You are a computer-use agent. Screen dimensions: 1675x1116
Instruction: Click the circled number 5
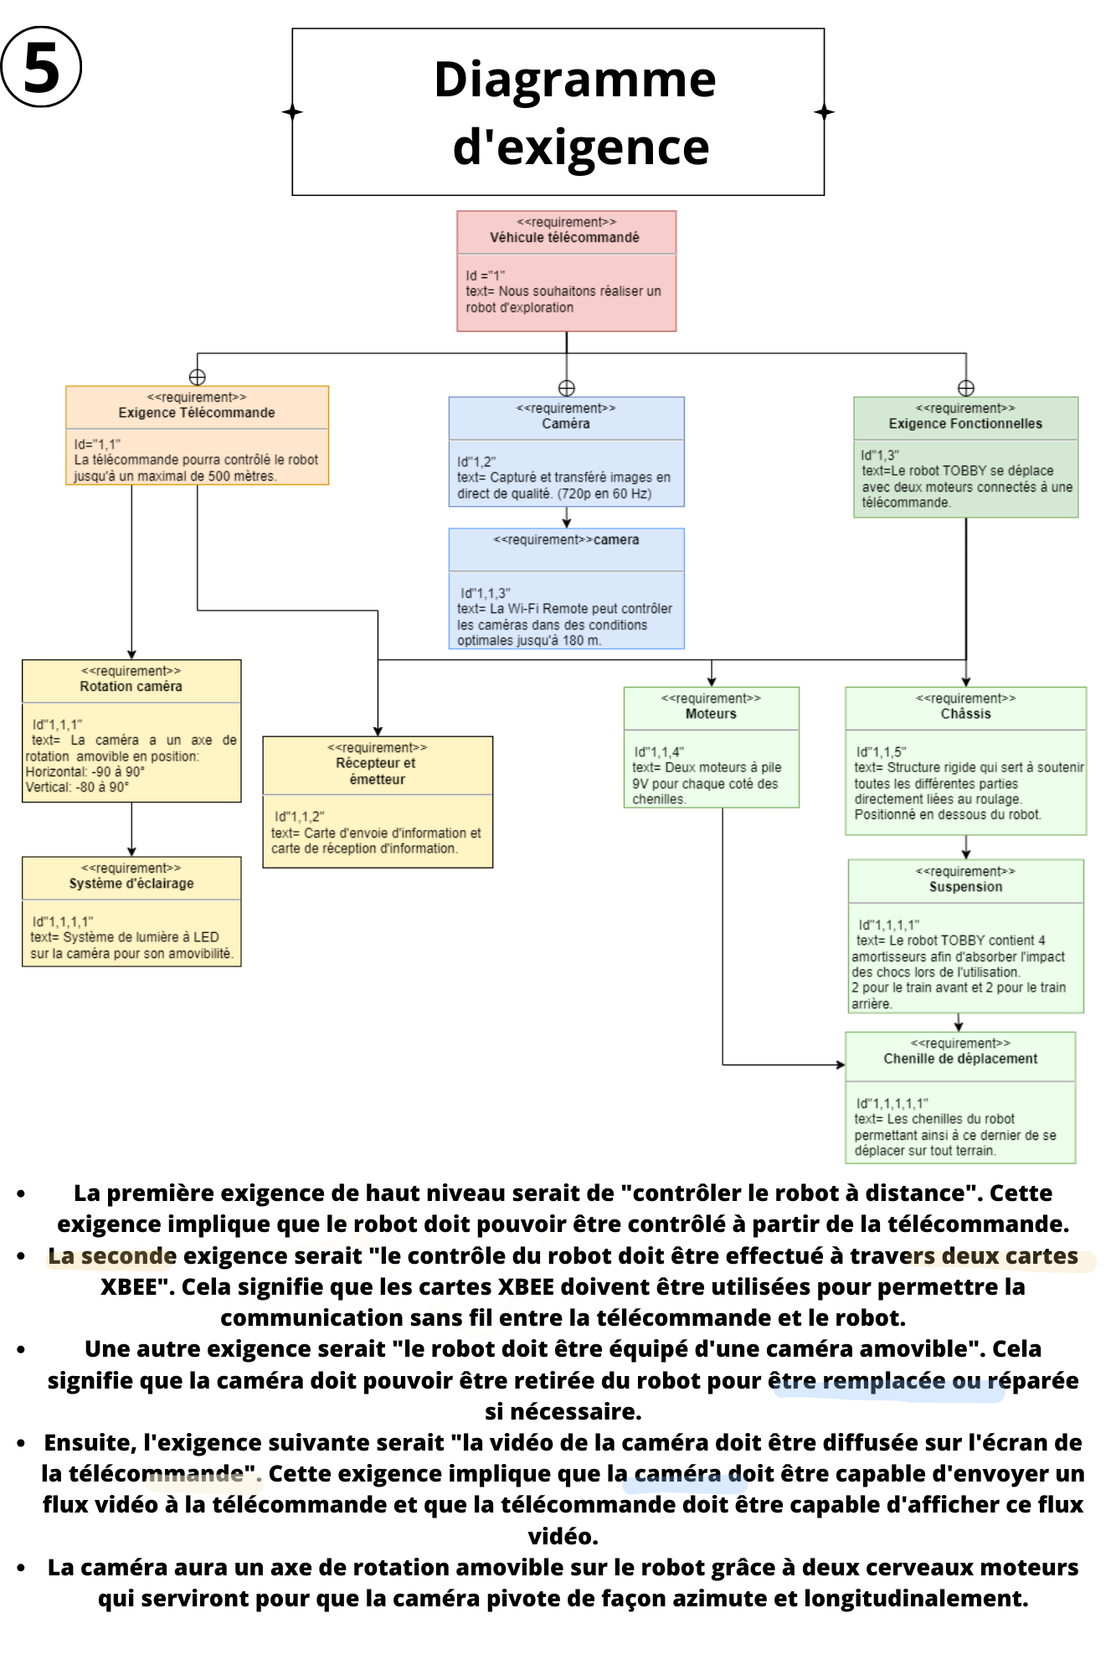(41, 67)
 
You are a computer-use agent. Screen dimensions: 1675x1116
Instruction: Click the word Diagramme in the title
(574, 80)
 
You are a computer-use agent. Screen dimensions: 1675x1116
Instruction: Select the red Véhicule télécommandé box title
(564, 238)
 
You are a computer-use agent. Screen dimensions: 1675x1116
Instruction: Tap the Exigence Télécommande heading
(197, 413)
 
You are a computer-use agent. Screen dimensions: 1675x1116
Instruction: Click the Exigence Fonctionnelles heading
(965, 424)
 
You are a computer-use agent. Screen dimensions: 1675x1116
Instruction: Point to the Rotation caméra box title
(131, 687)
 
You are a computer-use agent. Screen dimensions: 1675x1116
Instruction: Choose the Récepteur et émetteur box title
(377, 771)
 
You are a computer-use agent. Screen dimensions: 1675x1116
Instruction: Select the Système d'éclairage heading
(131, 884)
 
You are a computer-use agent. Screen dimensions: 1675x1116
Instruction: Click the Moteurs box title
(711, 714)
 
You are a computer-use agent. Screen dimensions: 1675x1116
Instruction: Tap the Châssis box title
(965, 714)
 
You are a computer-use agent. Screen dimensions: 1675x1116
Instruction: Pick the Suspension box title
(965, 887)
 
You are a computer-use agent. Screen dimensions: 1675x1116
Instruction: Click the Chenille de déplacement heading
(960, 1059)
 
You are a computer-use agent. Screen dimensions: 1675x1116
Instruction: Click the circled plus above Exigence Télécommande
(198, 377)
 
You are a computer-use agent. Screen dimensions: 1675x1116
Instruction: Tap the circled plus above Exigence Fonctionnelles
(966, 388)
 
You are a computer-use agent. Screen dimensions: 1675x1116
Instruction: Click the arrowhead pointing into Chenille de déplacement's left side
(841, 1065)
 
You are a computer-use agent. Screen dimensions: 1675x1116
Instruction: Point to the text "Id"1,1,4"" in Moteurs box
(659, 752)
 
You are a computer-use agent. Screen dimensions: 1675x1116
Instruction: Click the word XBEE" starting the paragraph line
(137, 1287)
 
